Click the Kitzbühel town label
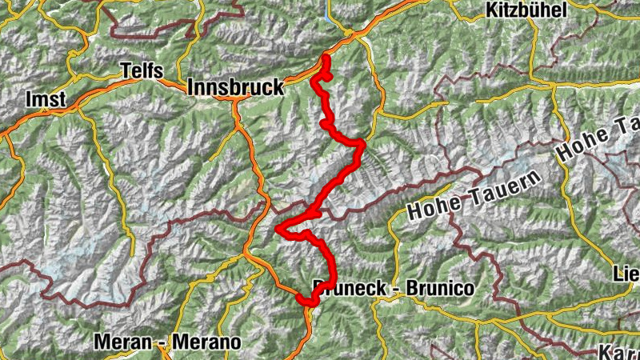526,10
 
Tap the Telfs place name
142,70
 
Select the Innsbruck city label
235,87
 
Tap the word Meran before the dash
122,342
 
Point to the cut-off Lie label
626,274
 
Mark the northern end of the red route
326,58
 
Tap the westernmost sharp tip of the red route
278,230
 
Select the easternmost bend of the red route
362,145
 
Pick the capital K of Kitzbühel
490,10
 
